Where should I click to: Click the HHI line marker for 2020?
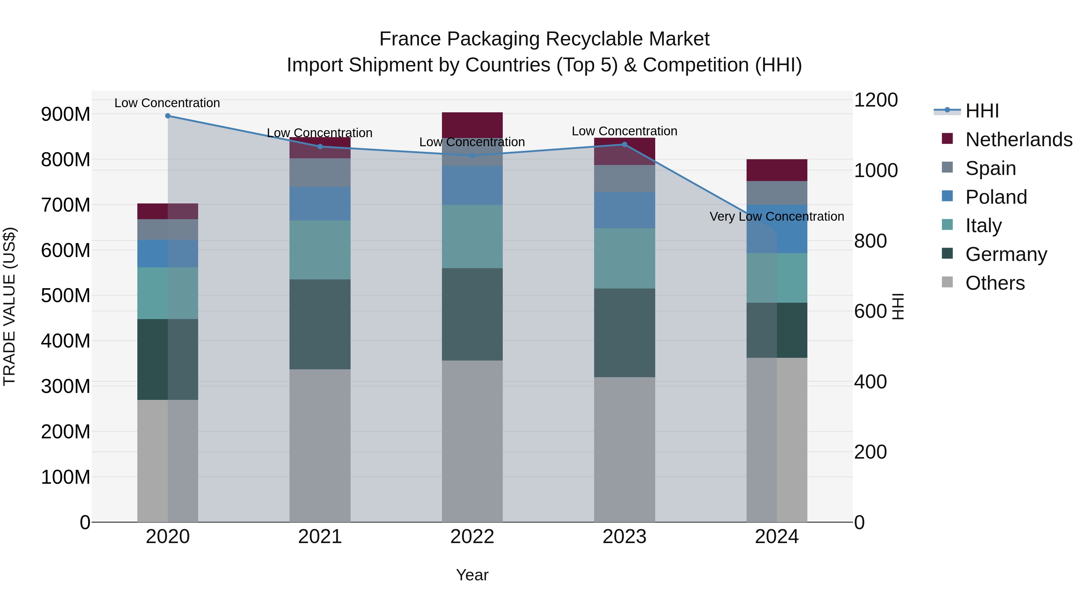click(x=168, y=116)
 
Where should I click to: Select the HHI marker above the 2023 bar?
click(x=624, y=145)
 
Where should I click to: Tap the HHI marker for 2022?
click(x=472, y=156)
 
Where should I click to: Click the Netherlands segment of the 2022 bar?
click(x=472, y=125)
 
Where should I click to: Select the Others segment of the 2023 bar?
click(x=624, y=449)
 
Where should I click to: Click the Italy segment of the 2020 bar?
click(x=168, y=293)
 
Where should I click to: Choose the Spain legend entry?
click(x=990, y=168)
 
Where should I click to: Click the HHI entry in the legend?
click(x=982, y=111)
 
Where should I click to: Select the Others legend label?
click(x=995, y=283)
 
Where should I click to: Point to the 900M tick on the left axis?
click(x=66, y=114)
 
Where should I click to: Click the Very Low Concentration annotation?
click(x=777, y=217)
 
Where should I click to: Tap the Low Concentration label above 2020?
click(x=167, y=103)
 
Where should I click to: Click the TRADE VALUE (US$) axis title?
click(x=10, y=306)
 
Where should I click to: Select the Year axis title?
click(x=472, y=575)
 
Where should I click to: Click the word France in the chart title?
click(x=410, y=39)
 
